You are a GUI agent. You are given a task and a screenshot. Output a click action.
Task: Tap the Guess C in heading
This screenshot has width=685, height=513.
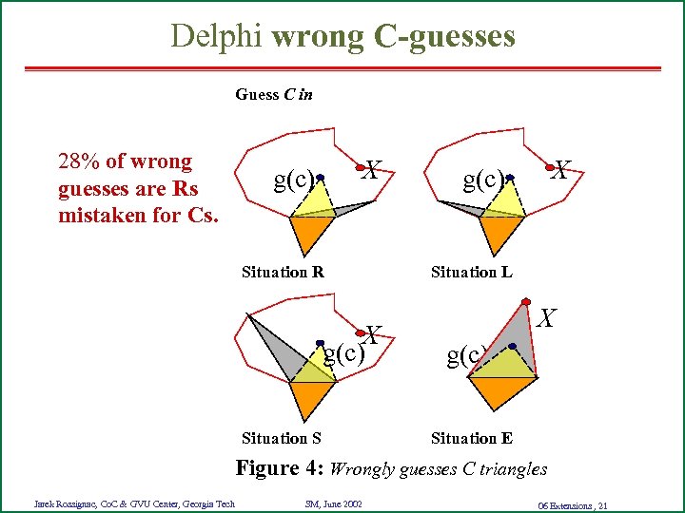[x=274, y=94]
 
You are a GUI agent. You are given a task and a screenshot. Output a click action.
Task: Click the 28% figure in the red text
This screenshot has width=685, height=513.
[x=78, y=161]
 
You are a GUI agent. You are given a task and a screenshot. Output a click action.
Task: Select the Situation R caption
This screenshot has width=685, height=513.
[x=283, y=272]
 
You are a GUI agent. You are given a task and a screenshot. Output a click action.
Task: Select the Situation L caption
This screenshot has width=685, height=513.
[x=471, y=272]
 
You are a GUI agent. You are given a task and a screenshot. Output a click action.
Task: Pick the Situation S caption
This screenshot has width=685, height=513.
[x=281, y=438]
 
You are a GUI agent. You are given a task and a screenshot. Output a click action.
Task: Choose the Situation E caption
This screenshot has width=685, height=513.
[x=471, y=438]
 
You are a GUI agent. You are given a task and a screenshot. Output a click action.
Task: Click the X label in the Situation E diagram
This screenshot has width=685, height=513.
[x=546, y=318]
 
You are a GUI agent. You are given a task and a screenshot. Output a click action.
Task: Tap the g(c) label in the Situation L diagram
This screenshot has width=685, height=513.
[x=481, y=179]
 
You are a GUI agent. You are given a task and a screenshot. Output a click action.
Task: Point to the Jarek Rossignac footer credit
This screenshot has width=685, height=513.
[x=134, y=503]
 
